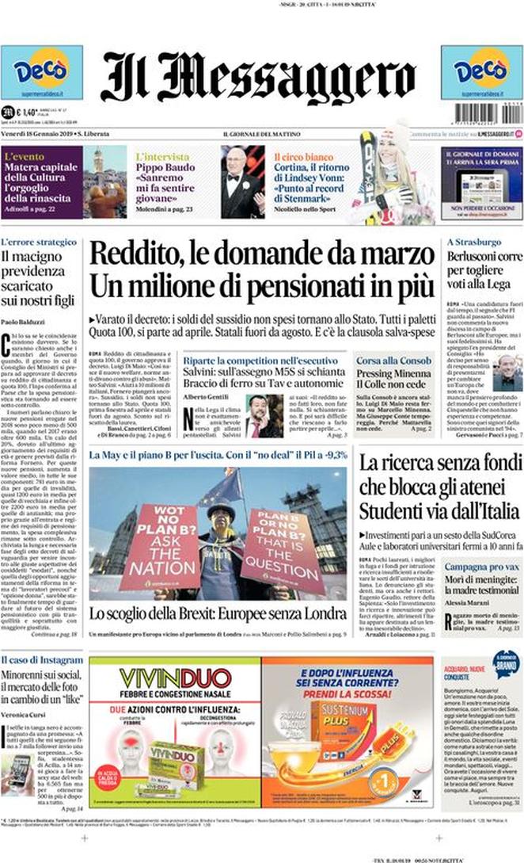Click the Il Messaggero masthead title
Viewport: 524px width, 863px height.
[x=258, y=77]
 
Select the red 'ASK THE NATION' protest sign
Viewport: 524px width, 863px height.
[x=160, y=544]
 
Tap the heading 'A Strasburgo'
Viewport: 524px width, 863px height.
[x=474, y=241]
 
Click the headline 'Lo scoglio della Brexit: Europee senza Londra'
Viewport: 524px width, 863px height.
[x=217, y=613]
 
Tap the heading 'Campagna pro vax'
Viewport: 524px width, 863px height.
[x=477, y=567]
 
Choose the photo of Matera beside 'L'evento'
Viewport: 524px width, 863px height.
[x=104, y=182]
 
